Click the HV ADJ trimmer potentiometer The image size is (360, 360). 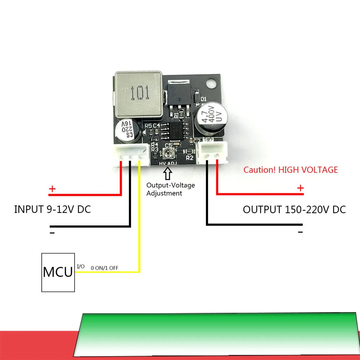click(x=168, y=155)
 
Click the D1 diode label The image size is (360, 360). click(x=203, y=99)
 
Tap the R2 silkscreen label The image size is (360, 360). click(x=190, y=158)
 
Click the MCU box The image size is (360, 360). click(x=58, y=272)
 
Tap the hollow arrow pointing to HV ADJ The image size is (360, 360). click(x=168, y=174)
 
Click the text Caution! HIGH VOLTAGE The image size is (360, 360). click(x=291, y=170)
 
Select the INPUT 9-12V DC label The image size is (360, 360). click(x=52, y=209)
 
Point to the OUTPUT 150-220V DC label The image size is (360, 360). click(x=294, y=210)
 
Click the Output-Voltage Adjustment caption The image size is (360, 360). click(x=170, y=189)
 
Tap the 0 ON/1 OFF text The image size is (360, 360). click(x=104, y=268)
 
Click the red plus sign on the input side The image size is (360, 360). click(x=53, y=189)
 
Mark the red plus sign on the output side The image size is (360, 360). click(x=300, y=188)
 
